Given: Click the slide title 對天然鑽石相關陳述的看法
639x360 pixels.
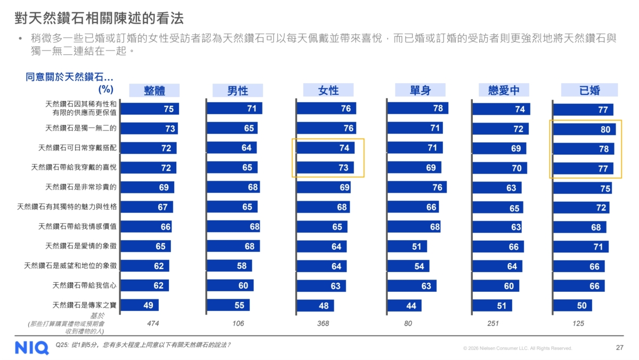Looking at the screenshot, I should [99, 18].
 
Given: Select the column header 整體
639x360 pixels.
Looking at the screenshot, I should [154, 91].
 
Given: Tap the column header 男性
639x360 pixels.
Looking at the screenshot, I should [237, 91].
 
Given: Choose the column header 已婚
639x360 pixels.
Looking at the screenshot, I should [589, 90].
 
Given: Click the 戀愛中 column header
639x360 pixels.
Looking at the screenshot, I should [504, 90].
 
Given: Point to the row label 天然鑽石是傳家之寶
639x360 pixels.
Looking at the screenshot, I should [84, 305].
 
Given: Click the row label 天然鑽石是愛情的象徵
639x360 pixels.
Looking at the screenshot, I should [80, 246].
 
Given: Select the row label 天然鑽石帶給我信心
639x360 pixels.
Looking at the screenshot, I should [84, 285].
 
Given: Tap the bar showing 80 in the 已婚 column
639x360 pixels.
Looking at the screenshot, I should [584, 129].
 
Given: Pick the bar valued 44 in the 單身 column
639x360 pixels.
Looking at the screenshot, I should [404, 306].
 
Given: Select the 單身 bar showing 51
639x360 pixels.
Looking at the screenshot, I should [407, 247].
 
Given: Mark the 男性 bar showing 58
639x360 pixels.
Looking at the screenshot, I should [229, 266].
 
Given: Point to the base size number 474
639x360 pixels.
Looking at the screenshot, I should [153, 323].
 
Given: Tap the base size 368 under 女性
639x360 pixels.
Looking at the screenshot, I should [323, 323].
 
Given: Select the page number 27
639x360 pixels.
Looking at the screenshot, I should [619, 348].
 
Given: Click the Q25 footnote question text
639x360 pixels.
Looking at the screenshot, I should [143, 345].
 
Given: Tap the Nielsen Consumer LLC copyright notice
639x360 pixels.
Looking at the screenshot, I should [518, 348].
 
